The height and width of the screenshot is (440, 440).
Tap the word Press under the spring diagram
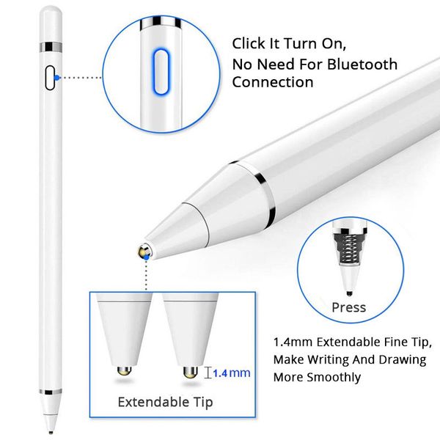tap(348, 307)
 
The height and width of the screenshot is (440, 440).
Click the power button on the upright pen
tap(51, 76)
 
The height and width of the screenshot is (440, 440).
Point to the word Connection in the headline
tap(273, 82)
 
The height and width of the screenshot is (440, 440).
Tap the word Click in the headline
tap(249, 43)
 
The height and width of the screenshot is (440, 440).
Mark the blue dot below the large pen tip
tap(149, 257)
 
